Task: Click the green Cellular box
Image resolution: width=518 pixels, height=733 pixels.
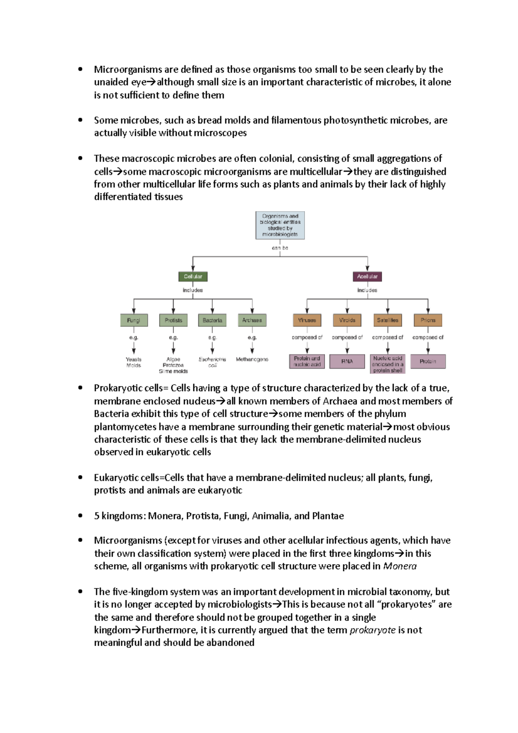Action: point(193,276)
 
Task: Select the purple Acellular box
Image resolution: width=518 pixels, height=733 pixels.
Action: point(367,276)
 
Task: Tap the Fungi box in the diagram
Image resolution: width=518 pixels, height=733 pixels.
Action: point(134,320)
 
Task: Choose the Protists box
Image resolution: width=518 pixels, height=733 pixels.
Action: point(174,320)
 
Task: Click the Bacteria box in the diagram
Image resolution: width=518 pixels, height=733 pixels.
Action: point(212,320)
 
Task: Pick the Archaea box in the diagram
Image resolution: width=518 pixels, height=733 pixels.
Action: point(252,320)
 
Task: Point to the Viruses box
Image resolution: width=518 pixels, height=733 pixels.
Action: point(307,320)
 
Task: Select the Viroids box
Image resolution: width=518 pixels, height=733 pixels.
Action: point(347,320)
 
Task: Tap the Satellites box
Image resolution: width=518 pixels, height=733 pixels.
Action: point(388,320)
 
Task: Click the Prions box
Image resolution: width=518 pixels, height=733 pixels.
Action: point(428,320)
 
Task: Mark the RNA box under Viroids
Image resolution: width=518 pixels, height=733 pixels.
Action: point(347,361)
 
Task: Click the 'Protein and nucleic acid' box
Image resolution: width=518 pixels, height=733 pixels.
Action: point(307,361)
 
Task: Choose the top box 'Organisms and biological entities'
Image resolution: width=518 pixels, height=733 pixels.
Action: point(280,225)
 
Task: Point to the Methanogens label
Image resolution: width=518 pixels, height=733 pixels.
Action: point(252,359)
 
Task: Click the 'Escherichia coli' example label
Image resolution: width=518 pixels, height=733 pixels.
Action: point(212,362)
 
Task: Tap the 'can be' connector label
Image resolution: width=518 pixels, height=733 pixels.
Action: point(280,248)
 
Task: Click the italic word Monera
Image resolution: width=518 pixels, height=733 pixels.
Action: point(400,566)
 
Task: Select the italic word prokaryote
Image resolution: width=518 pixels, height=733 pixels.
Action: point(373,630)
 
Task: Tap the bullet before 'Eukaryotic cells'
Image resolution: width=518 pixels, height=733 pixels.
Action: point(80,477)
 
